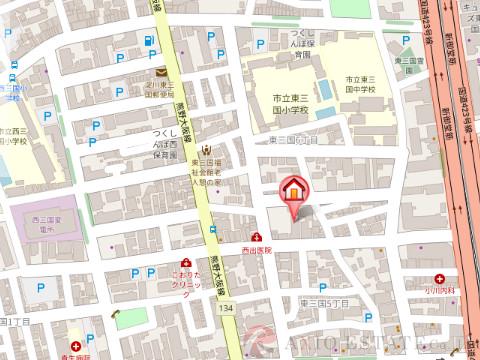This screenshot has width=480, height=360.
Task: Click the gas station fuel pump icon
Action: [x=149, y=42]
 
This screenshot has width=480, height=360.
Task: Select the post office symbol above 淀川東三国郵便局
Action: [x=160, y=71]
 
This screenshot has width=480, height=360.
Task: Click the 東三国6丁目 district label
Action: [x=293, y=141]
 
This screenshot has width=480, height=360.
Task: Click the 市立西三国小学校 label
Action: [x=12, y=135]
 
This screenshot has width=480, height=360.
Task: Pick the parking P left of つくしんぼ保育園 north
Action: [x=260, y=44]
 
